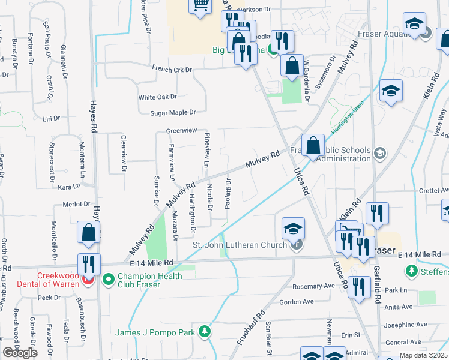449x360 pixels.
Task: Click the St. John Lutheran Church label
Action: pyautogui.click(x=240, y=245)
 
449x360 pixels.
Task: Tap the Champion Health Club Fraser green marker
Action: pyautogui.click(x=109, y=279)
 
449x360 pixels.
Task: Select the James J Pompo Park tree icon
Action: pyautogui.click(x=205, y=331)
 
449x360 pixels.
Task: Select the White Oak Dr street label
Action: pyautogui.click(x=158, y=97)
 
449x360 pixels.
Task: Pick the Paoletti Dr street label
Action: pyautogui.click(x=228, y=193)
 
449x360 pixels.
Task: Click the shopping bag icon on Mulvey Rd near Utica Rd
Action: pyautogui.click(x=313, y=145)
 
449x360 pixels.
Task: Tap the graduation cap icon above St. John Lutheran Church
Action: pyautogui.click(x=292, y=229)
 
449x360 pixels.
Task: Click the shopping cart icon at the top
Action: pyautogui.click(x=200, y=6)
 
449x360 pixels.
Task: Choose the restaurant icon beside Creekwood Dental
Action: pyautogui.click(x=89, y=264)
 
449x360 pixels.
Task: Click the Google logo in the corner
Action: pyautogui.click(x=20, y=353)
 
